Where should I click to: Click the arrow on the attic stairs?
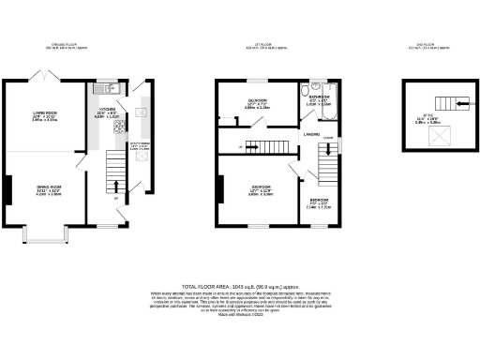(435, 101)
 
